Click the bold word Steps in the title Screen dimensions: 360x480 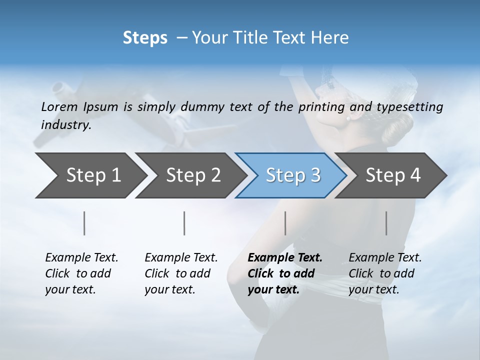(x=145, y=38)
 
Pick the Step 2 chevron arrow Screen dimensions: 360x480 (x=190, y=175)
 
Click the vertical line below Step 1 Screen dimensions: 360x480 (x=84, y=223)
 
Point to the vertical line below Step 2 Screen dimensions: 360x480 (x=184, y=223)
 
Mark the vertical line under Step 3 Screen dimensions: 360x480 (x=285, y=223)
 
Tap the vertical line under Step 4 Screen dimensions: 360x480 (x=386, y=223)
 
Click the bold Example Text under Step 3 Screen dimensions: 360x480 (x=285, y=257)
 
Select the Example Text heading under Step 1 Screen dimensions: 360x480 (x=81, y=257)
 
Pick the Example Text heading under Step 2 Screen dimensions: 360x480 (x=181, y=257)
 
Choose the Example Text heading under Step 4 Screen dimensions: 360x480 (x=385, y=257)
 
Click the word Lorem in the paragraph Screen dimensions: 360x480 (x=59, y=106)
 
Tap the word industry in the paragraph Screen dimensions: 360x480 (x=65, y=125)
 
